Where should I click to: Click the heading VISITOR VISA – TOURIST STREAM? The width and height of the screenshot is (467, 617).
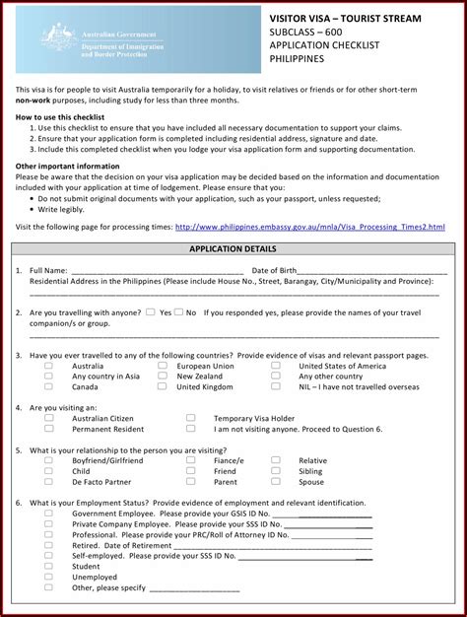coord(345,19)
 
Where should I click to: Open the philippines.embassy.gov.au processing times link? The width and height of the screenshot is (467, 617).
coord(310,227)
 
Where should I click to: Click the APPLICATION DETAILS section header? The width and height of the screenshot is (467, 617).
coord(233,249)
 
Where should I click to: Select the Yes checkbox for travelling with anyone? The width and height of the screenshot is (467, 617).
coord(150,312)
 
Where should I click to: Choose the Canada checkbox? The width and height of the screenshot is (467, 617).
coord(48,387)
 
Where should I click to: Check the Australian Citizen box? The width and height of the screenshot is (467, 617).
coord(48,418)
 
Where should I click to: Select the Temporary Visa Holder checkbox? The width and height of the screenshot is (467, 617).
coord(190,418)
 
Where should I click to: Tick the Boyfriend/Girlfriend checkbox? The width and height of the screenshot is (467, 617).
coord(48,460)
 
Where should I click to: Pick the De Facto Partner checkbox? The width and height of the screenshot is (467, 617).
coord(48,482)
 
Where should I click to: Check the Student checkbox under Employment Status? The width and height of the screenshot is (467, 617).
coord(48,567)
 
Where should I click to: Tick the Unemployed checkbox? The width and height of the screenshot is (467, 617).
coord(48,578)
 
